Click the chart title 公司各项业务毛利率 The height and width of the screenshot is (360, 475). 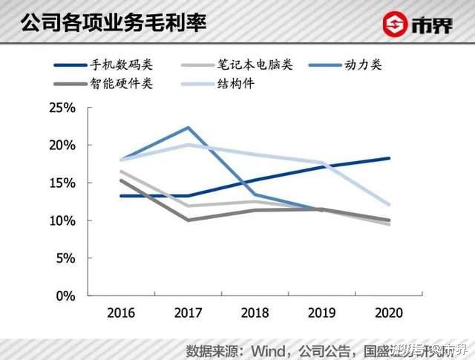pos(114,22)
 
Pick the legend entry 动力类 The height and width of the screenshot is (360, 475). pos(364,65)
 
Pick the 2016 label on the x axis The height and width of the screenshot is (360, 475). pos(120,312)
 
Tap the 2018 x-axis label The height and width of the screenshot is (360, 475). pos(255,312)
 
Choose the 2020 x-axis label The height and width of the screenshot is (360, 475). pos(389,312)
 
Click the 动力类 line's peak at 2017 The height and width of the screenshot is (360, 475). pos(188,128)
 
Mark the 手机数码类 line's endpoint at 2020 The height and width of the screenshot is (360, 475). pos(389,158)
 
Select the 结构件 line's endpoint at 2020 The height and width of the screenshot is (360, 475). pos(389,205)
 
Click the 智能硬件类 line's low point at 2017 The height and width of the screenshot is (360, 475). pos(188,220)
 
